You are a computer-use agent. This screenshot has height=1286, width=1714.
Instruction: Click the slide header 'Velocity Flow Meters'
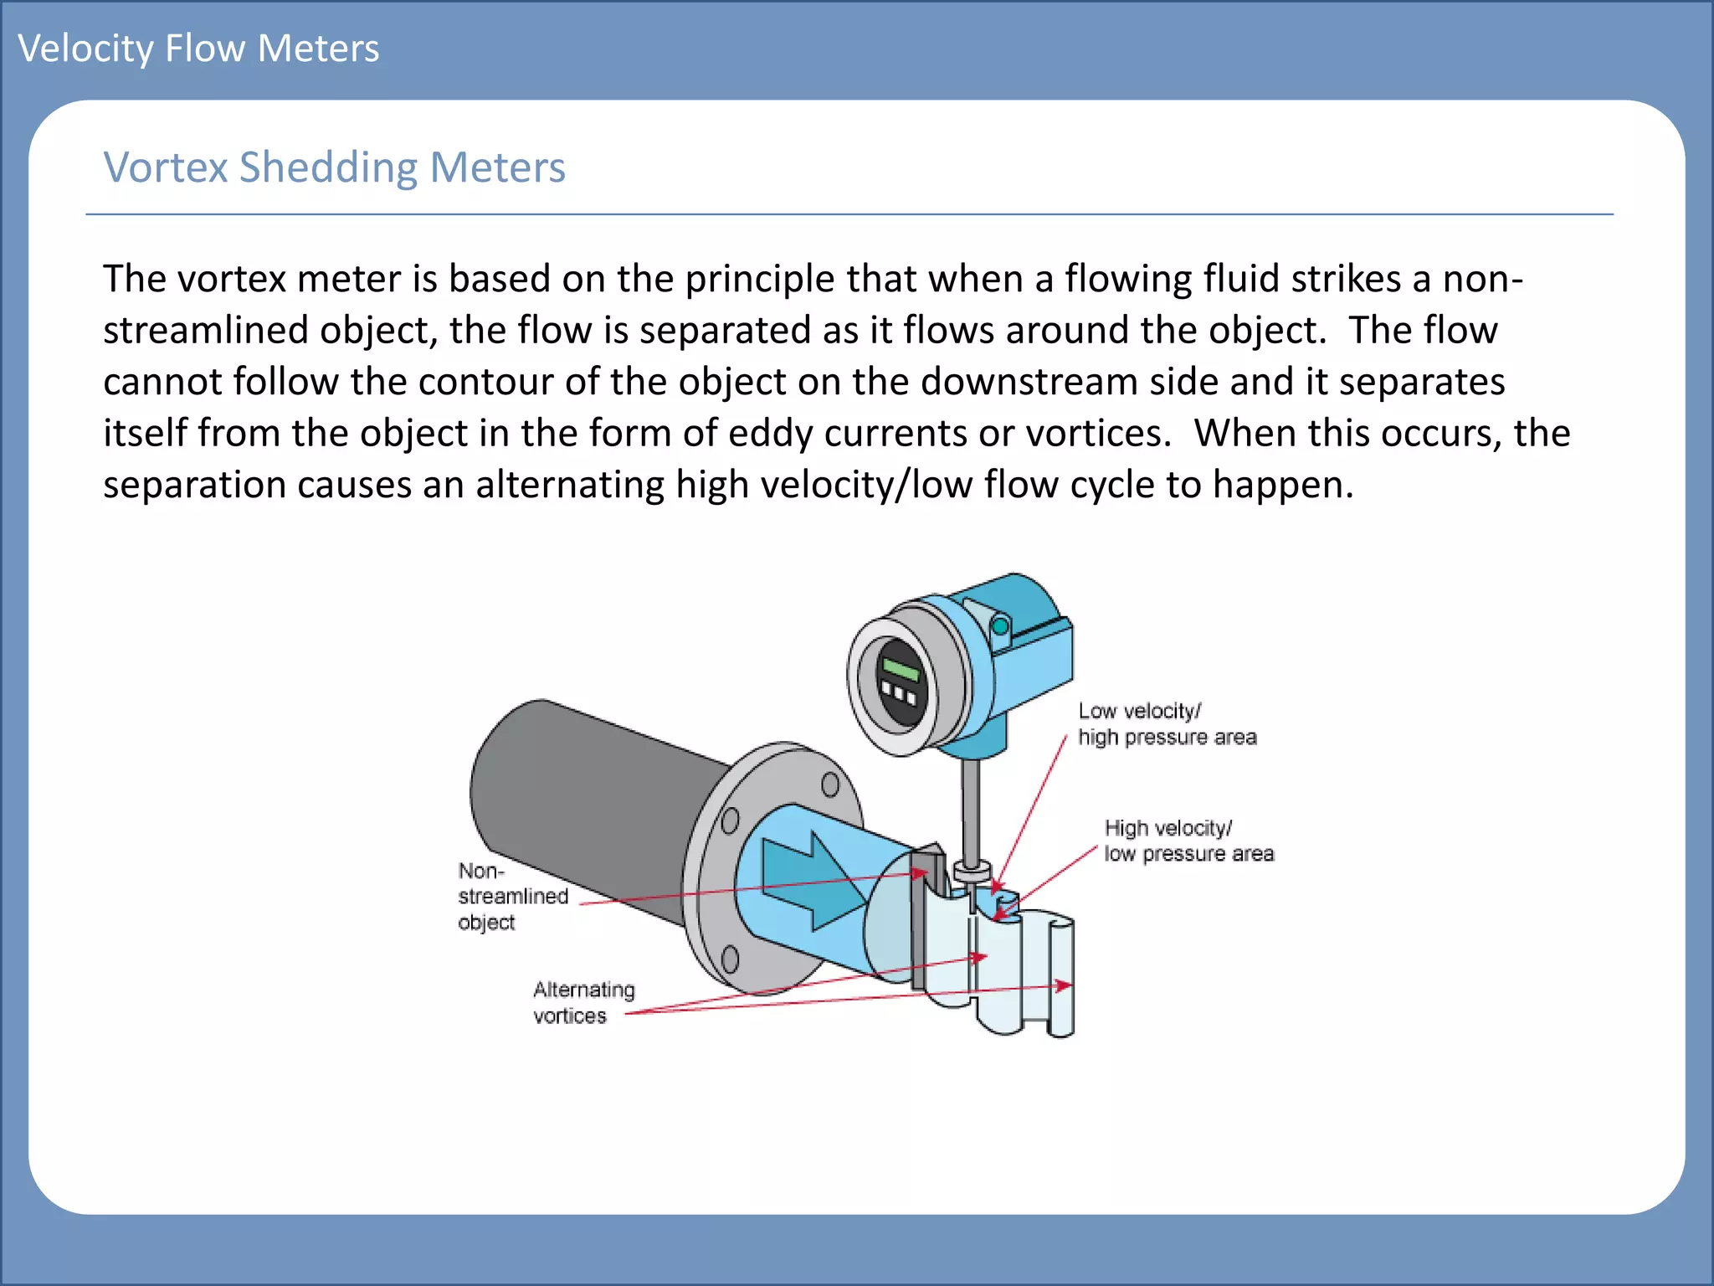(x=198, y=49)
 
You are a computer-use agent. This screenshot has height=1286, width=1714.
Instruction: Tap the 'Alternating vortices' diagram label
(x=583, y=1002)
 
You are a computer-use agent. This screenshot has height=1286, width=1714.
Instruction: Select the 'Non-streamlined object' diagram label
(x=512, y=897)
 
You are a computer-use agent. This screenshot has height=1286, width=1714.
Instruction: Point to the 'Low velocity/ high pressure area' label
(x=1167, y=724)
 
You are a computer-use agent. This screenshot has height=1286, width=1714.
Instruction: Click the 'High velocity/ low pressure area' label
(x=1188, y=841)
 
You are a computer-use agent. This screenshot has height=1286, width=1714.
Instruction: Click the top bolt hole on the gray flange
(x=830, y=784)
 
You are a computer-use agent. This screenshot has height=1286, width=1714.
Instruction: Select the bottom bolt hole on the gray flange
(x=730, y=958)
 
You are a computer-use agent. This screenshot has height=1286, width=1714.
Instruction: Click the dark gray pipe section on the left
(x=586, y=804)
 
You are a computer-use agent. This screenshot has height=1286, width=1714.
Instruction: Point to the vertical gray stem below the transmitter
(x=970, y=812)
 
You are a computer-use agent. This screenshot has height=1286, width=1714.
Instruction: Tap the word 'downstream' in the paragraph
(x=1028, y=382)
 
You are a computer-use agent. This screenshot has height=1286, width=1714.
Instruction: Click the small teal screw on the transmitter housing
(x=1000, y=626)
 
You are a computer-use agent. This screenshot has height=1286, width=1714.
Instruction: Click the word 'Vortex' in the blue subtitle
(x=166, y=167)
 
